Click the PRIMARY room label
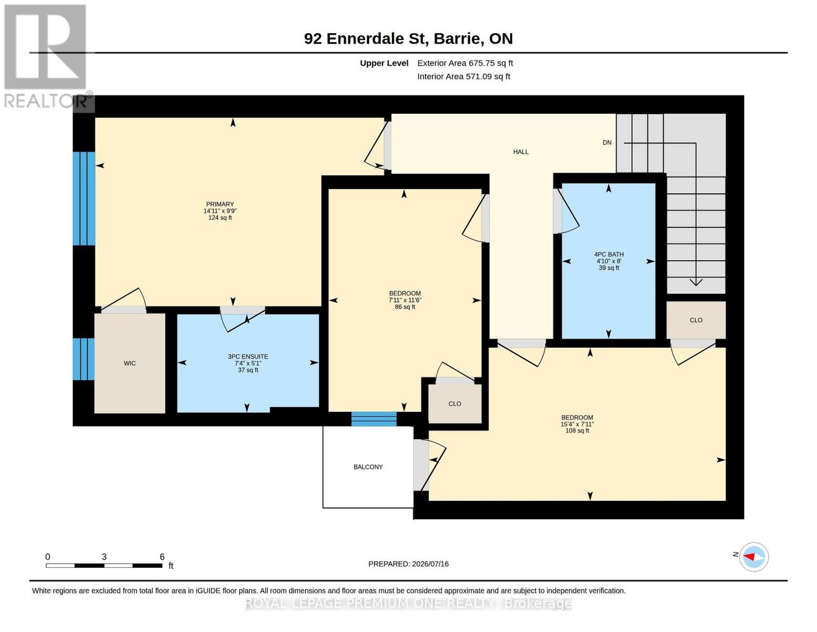click(x=219, y=204)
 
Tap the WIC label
click(x=130, y=363)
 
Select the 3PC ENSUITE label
click(x=248, y=357)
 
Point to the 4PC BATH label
click(x=609, y=254)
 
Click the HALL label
click(x=521, y=152)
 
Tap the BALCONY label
click(x=368, y=467)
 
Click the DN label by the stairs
click(x=607, y=143)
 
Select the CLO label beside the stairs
click(x=696, y=320)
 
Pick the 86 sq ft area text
click(x=405, y=307)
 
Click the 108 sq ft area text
click(x=577, y=431)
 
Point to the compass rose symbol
click(x=754, y=557)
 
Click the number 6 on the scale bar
click(x=162, y=557)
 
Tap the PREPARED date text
click(x=408, y=564)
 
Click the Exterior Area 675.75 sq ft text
click(x=465, y=63)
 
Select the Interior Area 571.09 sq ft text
click(x=463, y=76)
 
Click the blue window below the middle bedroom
click(x=374, y=419)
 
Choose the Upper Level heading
click(x=384, y=63)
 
